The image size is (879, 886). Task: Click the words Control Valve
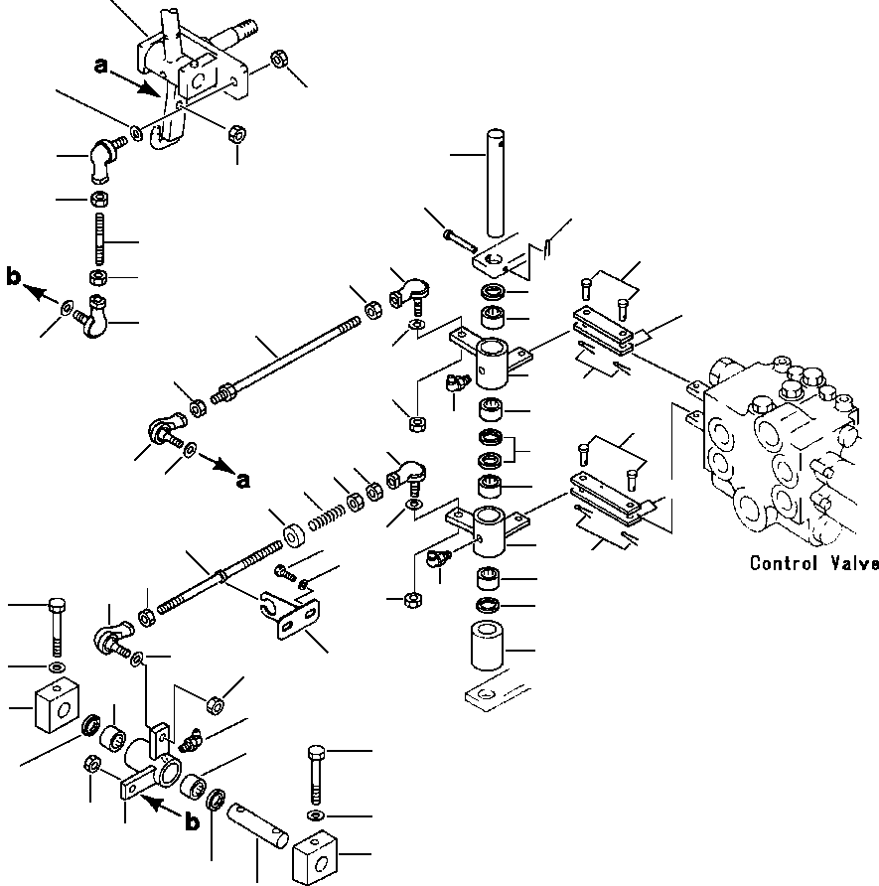pyautogui.click(x=814, y=563)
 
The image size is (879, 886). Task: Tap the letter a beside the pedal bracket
pyautogui.click(x=100, y=67)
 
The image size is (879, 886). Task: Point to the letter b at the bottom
pyautogui.click(x=192, y=822)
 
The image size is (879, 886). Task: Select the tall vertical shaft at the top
pyautogui.click(x=496, y=183)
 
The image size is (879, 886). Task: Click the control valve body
pyautogui.click(x=780, y=452)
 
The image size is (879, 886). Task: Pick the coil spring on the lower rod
pyautogui.click(x=327, y=517)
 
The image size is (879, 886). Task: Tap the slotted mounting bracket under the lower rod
pyautogui.click(x=289, y=615)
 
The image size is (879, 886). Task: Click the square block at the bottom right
pyautogui.click(x=315, y=857)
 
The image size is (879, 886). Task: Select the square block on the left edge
pyautogui.click(x=57, y=704)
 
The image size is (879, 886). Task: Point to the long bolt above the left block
pyautogui.click(x=57, y=626)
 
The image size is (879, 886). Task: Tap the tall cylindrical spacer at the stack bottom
pyautogui.click(x=487, y=646)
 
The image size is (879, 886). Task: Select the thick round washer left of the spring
pyautogui.click(x=294, y=535)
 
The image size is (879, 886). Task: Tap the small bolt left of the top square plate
pyautogui.click(x=461, y=239)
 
